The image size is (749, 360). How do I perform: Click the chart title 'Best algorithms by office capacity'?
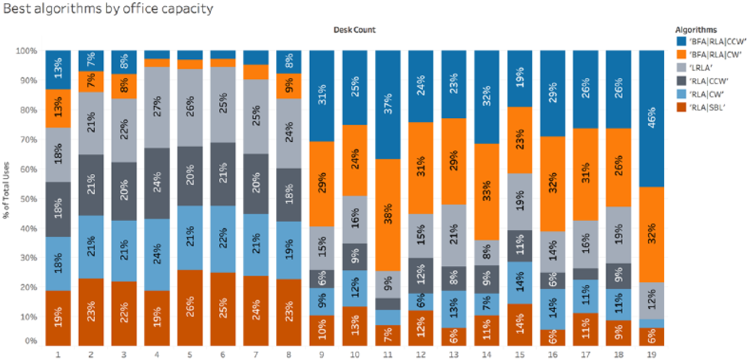(x=108, y=9)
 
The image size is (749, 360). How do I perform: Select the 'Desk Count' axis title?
(x=355, y=30)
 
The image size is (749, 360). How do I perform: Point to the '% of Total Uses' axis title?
(x=6, y=190)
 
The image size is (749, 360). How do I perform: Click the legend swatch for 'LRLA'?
(x=681, y=68)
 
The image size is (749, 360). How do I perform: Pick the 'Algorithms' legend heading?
(x=696, y=30)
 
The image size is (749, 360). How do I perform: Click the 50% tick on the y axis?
(x=28, y=199)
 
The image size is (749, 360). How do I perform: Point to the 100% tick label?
(x=26, y=51)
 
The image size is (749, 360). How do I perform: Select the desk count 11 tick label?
(x=388, y=354)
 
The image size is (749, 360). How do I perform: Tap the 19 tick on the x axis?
(x=651, y=354)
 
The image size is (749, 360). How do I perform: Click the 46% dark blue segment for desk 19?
(x=651, y=119)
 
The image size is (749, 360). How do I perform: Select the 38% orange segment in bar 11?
(x=388, y=215)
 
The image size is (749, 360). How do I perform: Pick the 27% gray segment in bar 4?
(x=157, y=107)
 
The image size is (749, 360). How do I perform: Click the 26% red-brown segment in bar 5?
(x=190, y=307)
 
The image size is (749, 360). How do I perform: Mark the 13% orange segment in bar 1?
(x=58, y=108)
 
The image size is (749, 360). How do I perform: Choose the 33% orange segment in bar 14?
(x=487, y=192)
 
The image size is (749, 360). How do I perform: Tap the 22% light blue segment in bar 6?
(x=222, y=239)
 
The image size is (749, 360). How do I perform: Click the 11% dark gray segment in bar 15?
(x=520, y=246)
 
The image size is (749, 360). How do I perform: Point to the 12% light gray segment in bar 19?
(x=651, y=301)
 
